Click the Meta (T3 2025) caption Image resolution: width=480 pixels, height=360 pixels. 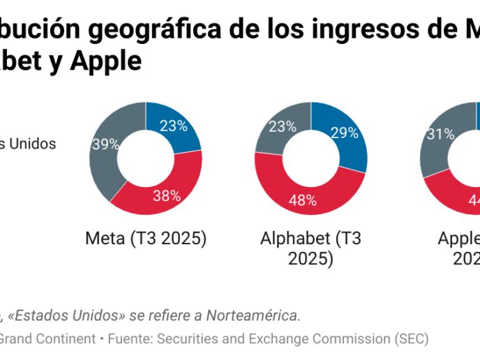pos(146,239)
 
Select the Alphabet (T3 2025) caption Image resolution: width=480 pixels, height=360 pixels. pos(310,248)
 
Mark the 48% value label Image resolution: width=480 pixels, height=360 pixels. pos(303,201)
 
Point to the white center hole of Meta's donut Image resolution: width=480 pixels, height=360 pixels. pos(146,158)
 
